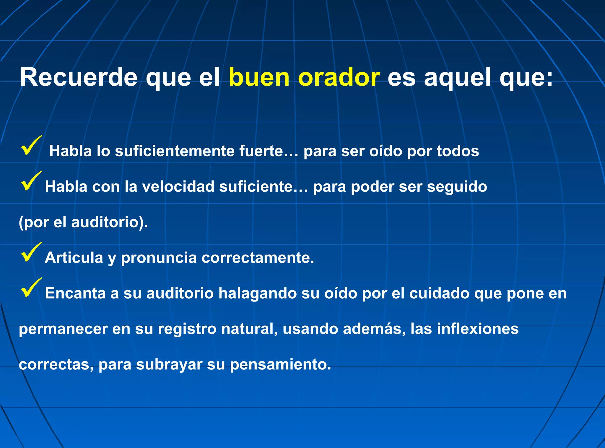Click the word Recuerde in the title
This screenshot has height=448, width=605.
[x=79, y=77]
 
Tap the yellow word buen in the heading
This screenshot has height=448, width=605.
[x=259, y=77]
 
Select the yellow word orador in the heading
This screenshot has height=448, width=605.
[x=339, y=77]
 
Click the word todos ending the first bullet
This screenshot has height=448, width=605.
[x=458, y=151]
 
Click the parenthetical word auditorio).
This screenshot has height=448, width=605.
[x=109, y=222]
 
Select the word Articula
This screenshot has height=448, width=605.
[x=74, y=258]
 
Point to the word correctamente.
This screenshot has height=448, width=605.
[x=258, y=258]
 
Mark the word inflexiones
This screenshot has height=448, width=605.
[x=477, y=329]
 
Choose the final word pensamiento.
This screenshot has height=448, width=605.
[x=280, y=365]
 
